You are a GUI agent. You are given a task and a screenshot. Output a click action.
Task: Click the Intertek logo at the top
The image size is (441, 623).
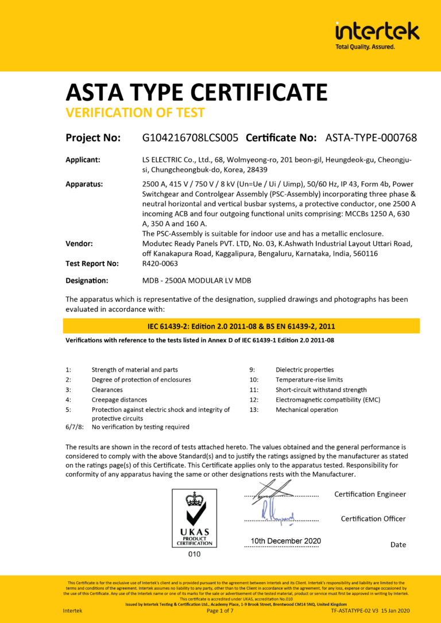pos(377,34)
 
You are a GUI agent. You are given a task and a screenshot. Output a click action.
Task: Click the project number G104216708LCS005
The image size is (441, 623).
pos(190,138)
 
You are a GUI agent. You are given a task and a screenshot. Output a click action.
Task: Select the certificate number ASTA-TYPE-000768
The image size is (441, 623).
pos(371,138)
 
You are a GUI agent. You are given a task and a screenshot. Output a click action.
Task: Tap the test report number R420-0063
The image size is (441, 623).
pos(160,263)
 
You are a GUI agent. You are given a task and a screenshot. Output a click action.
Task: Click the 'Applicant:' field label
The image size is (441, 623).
pos(83,160)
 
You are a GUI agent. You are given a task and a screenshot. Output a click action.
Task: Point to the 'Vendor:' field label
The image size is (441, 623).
pos(79,243)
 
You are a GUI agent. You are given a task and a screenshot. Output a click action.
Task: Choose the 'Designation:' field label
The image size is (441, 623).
pos(87,281)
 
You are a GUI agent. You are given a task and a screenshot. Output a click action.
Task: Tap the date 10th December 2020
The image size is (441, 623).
pos(285,541)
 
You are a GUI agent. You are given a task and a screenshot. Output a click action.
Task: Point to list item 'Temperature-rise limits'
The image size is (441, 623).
pos(309,380)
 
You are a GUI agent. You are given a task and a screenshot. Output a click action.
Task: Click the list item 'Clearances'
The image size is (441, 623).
pos(107,390)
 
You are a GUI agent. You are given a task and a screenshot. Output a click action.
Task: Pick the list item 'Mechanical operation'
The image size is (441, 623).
pos(307,410)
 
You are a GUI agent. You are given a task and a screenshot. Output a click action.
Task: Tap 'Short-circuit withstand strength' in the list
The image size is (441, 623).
pos(321,390)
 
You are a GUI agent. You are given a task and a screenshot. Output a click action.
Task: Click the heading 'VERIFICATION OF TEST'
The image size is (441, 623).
pos(135,112)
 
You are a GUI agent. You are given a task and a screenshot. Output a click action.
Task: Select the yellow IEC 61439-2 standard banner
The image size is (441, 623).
pos(241,326)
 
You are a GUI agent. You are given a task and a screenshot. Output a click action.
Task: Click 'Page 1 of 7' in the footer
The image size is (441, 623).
pos(220,610)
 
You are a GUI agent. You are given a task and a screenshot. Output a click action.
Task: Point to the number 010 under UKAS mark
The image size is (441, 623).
pos(195,554)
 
